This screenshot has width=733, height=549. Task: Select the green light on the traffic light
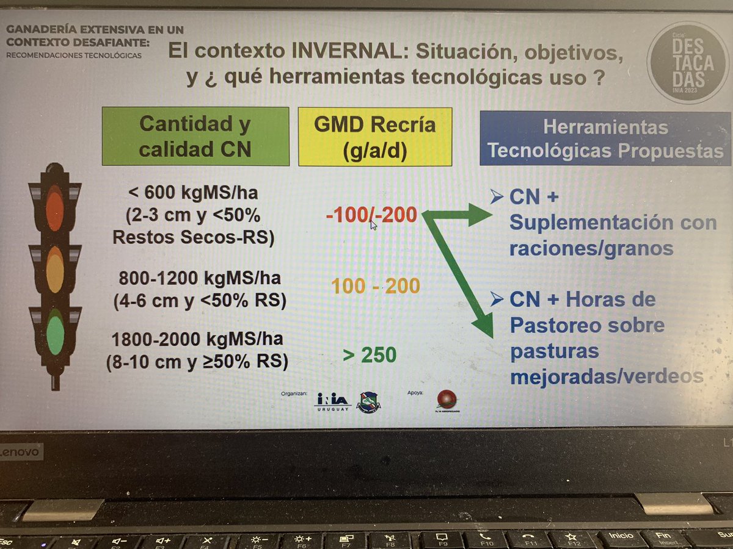click(56, 329)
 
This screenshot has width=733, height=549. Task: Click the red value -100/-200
click(371, 215)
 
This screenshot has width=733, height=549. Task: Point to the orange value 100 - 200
click(376, 285)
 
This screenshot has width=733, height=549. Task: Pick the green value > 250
click(370, 354)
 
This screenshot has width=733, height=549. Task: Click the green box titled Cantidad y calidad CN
click(195, 137)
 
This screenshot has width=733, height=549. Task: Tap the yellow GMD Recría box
click(374, 137)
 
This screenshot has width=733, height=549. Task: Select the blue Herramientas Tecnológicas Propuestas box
click(605, 138)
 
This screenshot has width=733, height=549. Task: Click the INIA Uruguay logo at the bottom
click(332, 401)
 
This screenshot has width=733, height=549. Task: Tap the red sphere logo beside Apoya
click(447, 400)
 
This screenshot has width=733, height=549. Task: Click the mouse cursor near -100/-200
click(373, 224)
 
